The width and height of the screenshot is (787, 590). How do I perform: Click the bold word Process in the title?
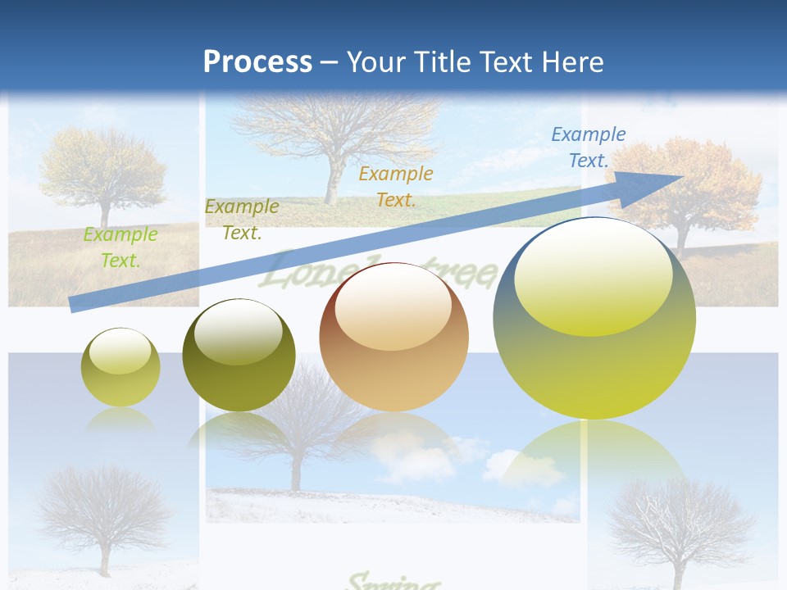[x=257, y=62]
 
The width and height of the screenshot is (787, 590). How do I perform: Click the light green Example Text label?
[x=121, y=247]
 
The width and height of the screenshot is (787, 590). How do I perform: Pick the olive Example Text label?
[x=242, y=220]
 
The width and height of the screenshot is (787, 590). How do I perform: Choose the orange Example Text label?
[x=396, y=186]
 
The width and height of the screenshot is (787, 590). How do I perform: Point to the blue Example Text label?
[x=589, y=147]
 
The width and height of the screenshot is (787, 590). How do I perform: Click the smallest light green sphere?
[x=121, y=367]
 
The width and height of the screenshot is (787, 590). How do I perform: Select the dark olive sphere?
[x=239, y=355]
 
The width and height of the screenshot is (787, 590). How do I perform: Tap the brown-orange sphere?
[x=393, y=337]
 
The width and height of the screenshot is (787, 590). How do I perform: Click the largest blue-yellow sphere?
[x=594, y=318]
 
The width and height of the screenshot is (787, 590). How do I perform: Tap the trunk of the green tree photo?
[x=105, y=214]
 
